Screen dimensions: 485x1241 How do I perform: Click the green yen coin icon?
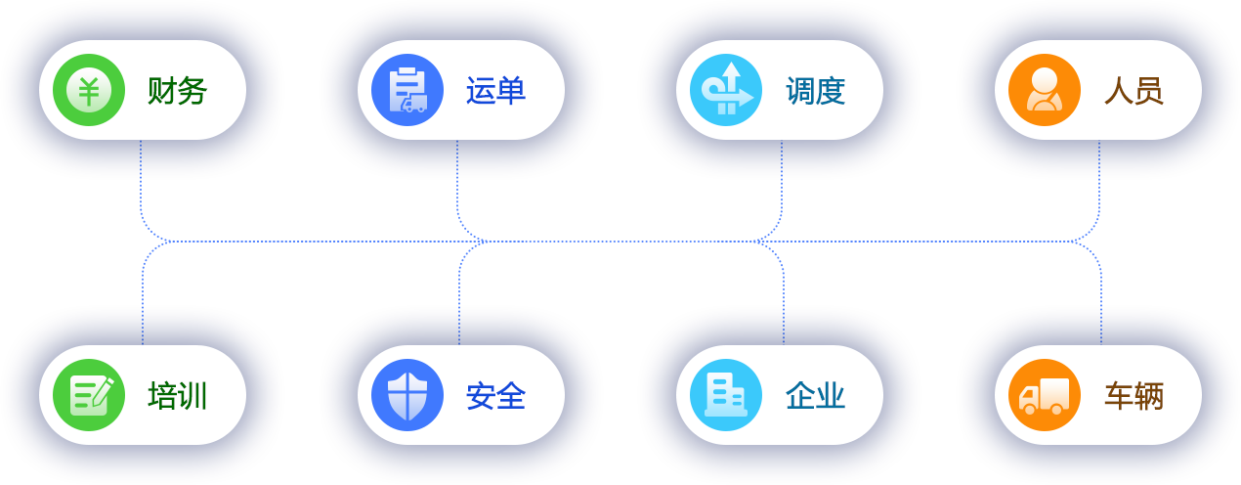pyautogui.click(x=89, y=90)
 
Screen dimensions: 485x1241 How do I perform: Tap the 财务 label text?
pyautogui.click(x=177, y=91)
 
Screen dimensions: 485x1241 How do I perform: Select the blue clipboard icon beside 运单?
pyautogui.click(x=407, y=90)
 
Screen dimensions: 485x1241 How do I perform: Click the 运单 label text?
pyautogui.click(x=495, y=91)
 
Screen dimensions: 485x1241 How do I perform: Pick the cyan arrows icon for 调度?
pyautogui.click(x=726, y=90)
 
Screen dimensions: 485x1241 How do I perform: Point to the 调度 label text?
pyautogui.click(x=815, y=91)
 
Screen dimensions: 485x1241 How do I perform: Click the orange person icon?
pyautogui.click(x=1045, y=90)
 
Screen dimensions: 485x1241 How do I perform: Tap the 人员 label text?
pyautogui.click(x=1134, y=91)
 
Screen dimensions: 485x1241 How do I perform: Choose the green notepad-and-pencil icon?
pyautogui.click(x=89, y=395)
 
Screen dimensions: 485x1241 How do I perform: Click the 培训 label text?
pyautogui.click(x=177, y=396)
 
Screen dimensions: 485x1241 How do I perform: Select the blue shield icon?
pyautogui.click(x=407, y=395)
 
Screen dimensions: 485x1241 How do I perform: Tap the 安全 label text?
pyautogui.click(x=495, y=396)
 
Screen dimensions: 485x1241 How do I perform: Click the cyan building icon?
pyautogui.click(x=726, y=395)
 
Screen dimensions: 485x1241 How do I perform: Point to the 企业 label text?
pyautogui.click(x=815, y=396)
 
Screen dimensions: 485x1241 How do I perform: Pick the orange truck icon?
pyautogui.click(x=1045, y=395)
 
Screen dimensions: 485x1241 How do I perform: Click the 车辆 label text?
pyautogui.click(x=1134, y=396)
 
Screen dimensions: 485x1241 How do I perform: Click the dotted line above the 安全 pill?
pyautogui.click(x=459, y=321)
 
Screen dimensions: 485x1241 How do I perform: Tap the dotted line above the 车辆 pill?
pyautogui.click(x=1101, y=321)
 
